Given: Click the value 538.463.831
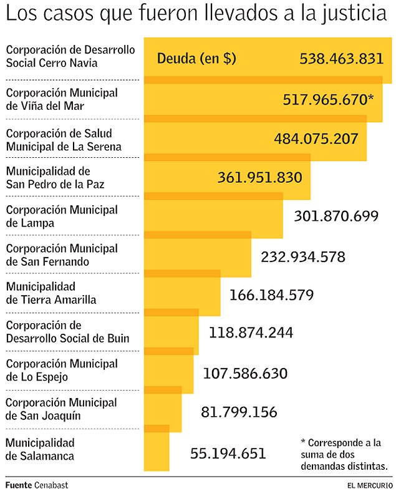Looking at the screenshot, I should (x=341, y=59).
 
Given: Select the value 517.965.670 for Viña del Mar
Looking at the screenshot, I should (x=327, y=99).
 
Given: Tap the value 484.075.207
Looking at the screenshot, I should (x=316, y=139).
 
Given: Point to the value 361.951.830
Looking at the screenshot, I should (x=260, y=177).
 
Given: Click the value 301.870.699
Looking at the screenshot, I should (x=336, y=216).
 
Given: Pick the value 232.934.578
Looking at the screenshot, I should (x=303, y=256).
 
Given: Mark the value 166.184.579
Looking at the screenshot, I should (x=271, y=294).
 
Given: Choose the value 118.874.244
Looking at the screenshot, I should (x=251, y=333).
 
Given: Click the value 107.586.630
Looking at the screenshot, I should (x=245, y=374).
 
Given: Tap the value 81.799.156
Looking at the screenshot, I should (x=239, y=412).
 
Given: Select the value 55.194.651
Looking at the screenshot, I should (x=228, y=454).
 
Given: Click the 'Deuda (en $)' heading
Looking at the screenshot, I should (x=196, y=59).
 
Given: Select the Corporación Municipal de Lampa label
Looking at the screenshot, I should (x=61, y=215).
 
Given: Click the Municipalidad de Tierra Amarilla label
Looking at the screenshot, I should (x=51, y=293).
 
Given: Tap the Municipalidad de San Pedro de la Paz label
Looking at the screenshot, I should (x=55, y=177).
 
